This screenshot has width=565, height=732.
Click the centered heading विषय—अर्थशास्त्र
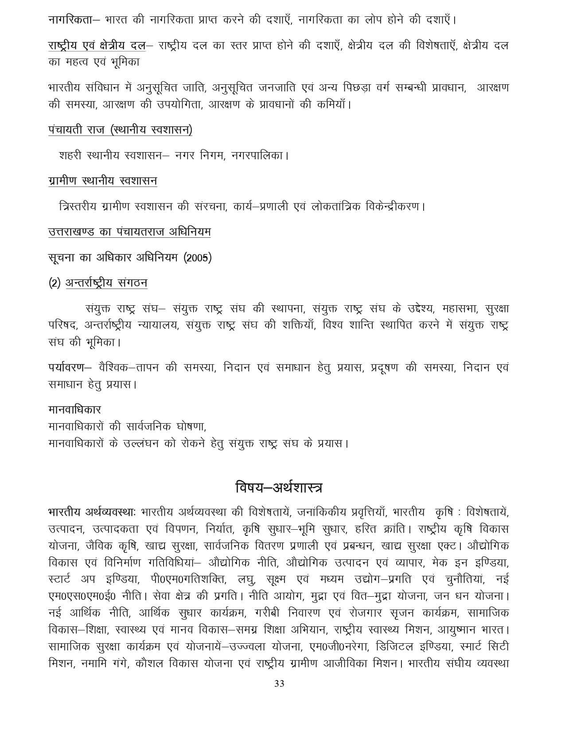coord(279,488)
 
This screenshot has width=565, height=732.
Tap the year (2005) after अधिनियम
coord(197,258)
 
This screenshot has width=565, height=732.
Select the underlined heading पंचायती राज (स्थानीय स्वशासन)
coord(120,130)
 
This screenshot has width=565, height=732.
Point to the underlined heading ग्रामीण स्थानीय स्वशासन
coord(102,181)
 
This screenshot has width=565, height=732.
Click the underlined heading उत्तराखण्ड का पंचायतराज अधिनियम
coord(129,232)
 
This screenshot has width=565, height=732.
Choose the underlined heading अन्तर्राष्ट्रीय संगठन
coord(106,283)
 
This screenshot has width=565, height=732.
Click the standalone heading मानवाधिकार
coord(75,409)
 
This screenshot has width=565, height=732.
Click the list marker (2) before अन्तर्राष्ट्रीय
coord(55,283)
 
